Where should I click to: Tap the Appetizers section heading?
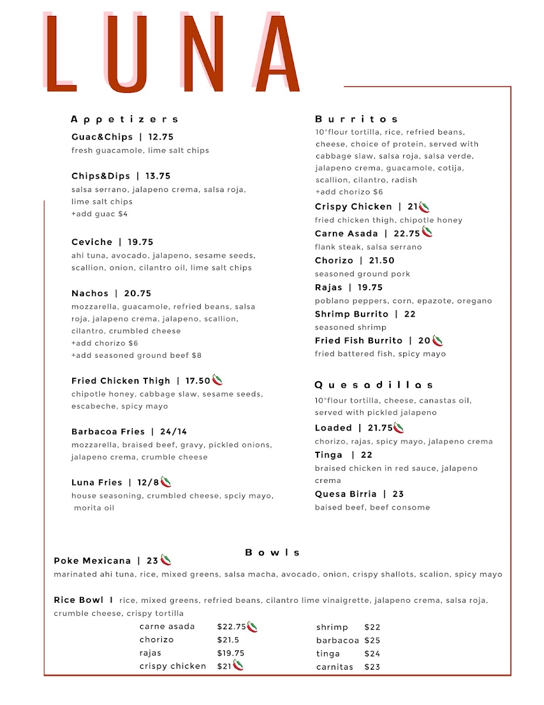(x=124, y=119)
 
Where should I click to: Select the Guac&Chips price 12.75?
(x=161, y=137)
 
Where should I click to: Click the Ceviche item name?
(x=92, y=242)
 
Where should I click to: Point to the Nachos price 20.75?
(x=138, y=293)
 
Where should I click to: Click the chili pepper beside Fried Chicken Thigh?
(x=218, y=380)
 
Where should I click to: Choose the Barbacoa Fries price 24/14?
(x=174, y=431)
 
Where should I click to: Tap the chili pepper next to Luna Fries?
(x=166, y=482)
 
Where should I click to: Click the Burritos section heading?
(x=357, y=119)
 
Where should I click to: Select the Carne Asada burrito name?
(x=346, y=233)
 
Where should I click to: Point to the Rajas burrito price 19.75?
(x=370, y=287)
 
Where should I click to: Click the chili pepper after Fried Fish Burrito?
(x=438, y=340)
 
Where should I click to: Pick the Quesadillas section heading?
(x=374, y=385)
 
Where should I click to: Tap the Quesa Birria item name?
(x=346, y=494)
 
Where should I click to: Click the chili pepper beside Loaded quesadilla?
(x=399, y=428)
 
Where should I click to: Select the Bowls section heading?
(x=272, y=552)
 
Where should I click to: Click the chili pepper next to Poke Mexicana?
(x=166, y=560)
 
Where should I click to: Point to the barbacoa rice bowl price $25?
(x=372, y=640)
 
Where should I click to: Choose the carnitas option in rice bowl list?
(x=334, y=667)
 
